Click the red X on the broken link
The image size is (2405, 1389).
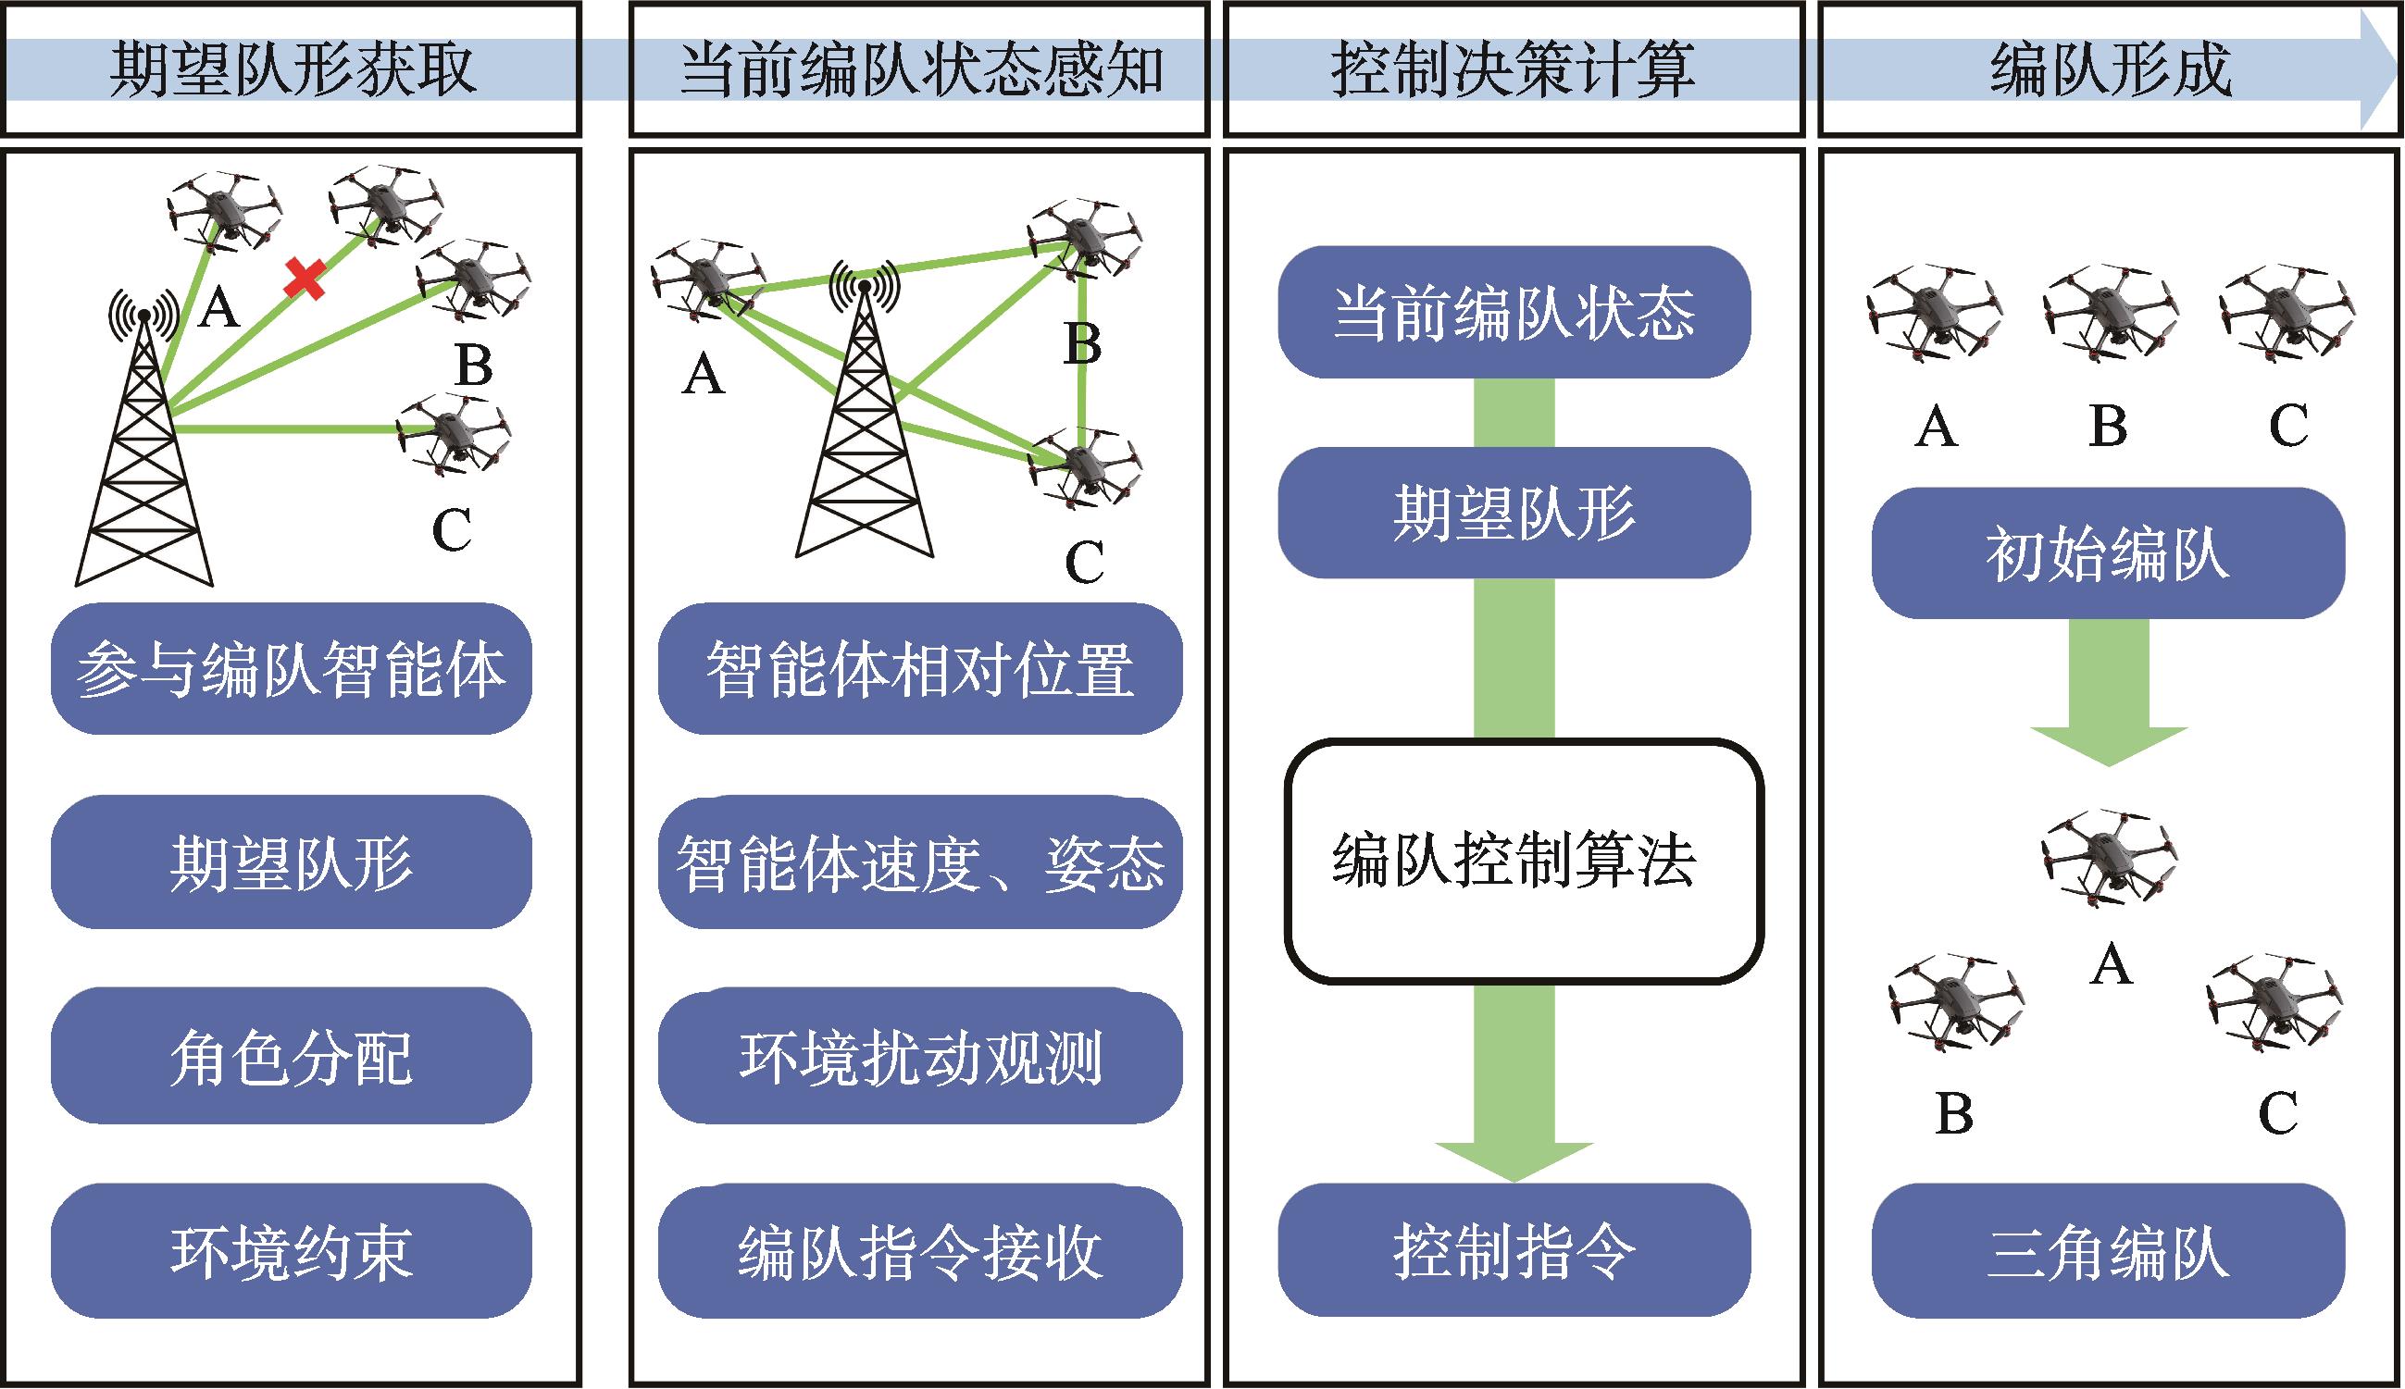point(305,279)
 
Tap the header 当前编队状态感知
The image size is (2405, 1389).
point(920,68)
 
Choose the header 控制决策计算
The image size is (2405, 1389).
point(1514,68)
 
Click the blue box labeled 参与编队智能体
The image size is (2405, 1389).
point(291,669)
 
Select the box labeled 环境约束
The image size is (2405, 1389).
point(291,1252)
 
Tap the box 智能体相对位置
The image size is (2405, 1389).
point(920,669)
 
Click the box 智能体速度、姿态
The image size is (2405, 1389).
point(920,863)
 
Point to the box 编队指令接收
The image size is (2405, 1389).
point(920,1252)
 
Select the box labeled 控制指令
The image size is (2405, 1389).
point(1514,1251)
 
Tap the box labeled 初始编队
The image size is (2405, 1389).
point(2108,553)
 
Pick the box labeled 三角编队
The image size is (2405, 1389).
point(2108,1252)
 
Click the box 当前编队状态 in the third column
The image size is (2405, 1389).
point(1514,312)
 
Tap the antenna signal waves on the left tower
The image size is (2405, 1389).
point(143,311)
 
